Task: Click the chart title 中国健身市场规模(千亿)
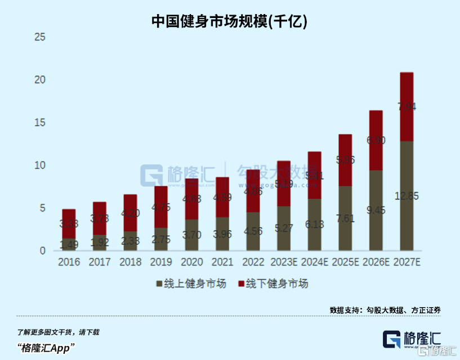[229, 21]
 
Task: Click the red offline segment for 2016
[69, 224]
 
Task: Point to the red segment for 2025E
[345, 160]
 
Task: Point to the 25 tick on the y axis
[40, 38]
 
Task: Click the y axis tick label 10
[40, 165]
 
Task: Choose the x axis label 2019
[162, 262]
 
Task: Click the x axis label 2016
[69, 262]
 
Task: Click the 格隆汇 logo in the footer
[412, 339]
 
